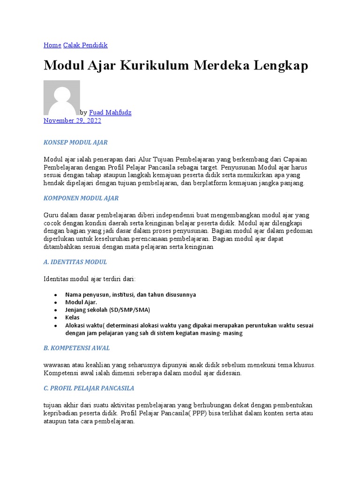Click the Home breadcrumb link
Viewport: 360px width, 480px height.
pyautogui.click(x=52, y=45)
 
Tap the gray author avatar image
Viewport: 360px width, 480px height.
pyautogui.click(x=61, y=97)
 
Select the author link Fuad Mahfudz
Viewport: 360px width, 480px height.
pyautogui.click(x=110, y=113)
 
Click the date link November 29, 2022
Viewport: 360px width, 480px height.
pyautogui.click(x=72, y=120)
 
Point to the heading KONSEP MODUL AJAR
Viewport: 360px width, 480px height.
pyautogui.click(x=75, y=142)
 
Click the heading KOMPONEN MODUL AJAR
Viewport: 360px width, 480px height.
pyautogui.click(x=81, y=198)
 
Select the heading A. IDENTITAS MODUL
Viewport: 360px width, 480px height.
pyautogui.click(x=75, y=262)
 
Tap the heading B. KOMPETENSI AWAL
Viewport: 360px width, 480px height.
pyautogui.click(x=76, y=348)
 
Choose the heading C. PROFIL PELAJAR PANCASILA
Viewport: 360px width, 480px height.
pyautogui.click(x=89, y=388)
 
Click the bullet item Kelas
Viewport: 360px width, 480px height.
pyautogui.click(x=72, y=317)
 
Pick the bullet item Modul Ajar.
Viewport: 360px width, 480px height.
pyautogui.click(x=81, y=302)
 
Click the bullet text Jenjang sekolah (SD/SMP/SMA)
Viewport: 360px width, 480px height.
pyautogui.click(x=107, y=310)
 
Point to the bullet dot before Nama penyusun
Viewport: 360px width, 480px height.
pyautogui.click(x=56, y=295)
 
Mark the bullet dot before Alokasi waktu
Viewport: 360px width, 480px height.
pyautogui.click(x=56, y=325)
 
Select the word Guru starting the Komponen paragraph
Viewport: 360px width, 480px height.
pyautogui.click(x=51, y=215)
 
